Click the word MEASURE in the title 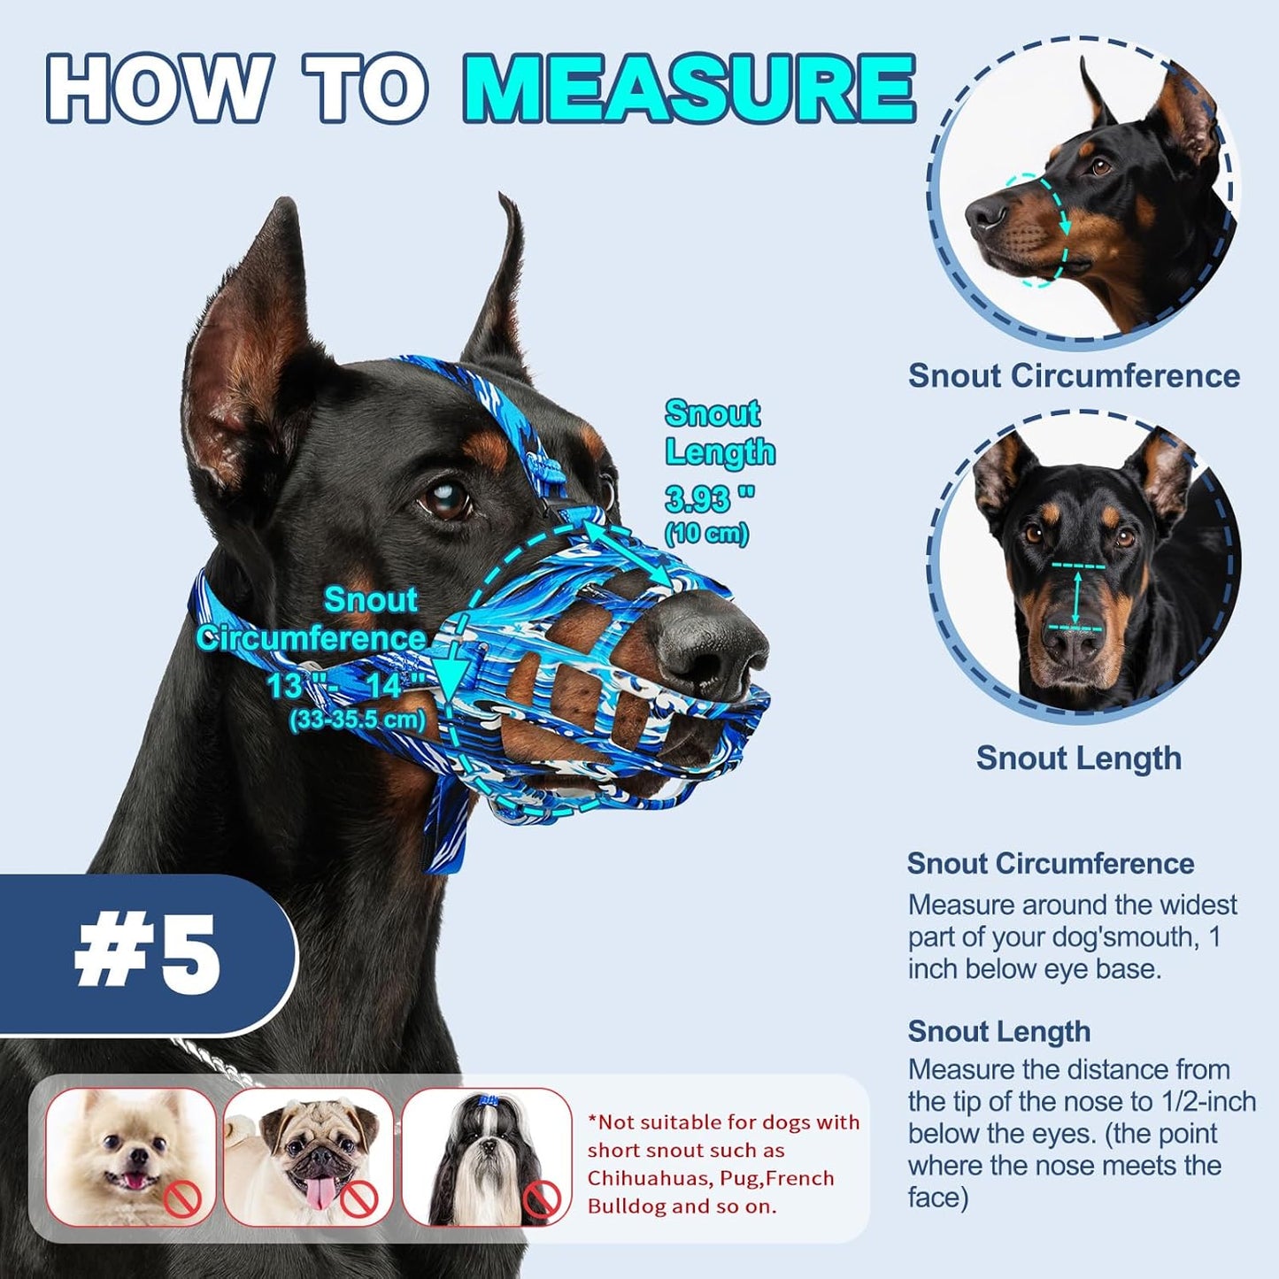coord(689,89)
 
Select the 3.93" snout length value coord(709,499)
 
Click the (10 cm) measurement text coord(706,533)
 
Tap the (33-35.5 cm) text coord(357,719)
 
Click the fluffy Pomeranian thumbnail coord(131,1156)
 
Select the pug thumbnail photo coord(308,1156)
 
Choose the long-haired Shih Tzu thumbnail coord(486,1156)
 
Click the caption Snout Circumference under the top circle coord(1074,375)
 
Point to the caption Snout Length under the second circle coord(1078,758)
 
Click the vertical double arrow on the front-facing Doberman coord(1076,597)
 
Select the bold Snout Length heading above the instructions coord(998,1031)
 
